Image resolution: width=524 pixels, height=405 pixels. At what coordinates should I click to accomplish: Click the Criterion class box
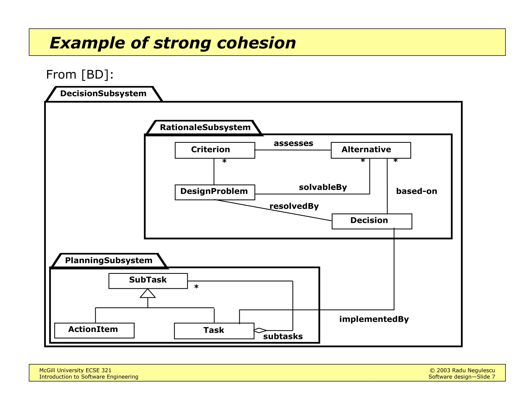click(x=215, y=150)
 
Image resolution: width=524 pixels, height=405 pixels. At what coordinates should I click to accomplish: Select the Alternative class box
click(x=370, y=150)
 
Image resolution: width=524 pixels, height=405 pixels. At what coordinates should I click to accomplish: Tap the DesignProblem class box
click(x=215, y=192)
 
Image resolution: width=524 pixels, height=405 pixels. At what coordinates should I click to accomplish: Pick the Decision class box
click(x=372, y=221)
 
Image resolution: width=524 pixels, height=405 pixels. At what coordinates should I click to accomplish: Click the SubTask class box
click(x=148, y=281)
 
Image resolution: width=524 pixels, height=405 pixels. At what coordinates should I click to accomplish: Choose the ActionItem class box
click(x=94, y=330)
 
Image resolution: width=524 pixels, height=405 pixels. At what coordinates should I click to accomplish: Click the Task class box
click(x=214, y=331)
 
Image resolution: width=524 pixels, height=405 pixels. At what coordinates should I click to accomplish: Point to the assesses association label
click(x=293, y=143)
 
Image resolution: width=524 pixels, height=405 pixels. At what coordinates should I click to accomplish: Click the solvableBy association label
click(x=323, y=187)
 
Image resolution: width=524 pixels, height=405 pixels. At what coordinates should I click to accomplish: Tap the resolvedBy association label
click(x=294, y=206)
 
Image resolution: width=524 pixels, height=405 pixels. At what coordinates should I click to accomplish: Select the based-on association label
click(x=416, y=191)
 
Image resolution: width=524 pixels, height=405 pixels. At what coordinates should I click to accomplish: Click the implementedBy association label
click(x=374, y=319)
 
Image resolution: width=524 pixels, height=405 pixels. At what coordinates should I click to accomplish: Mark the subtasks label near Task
click(x=283, y=336)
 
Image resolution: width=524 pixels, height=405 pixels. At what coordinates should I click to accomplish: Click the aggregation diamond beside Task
click(x=260, y=330)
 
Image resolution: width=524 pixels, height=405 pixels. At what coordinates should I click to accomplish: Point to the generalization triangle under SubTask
click(x=148, y=294)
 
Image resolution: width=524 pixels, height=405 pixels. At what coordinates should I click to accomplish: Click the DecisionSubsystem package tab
click(x=103, y=94)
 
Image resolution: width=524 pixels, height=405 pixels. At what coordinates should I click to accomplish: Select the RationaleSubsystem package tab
click(x=205, y=127)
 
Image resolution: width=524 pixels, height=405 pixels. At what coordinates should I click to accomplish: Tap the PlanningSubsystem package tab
click(x=109, y=261)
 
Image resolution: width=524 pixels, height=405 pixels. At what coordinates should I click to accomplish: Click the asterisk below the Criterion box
click(x=224, y=161)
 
